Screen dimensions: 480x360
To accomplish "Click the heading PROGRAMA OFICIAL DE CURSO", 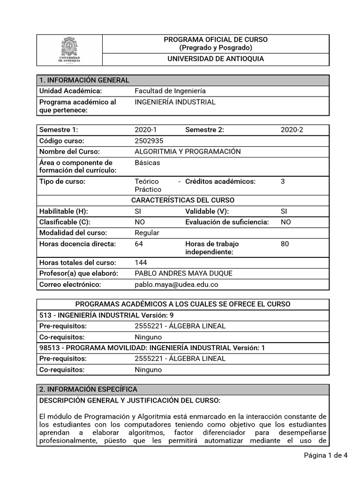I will point(216,40).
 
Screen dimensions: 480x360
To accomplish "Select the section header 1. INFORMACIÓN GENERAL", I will point(84,80).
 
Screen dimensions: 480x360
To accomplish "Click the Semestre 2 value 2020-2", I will point(292,130).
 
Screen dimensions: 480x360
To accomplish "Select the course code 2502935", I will point(149,141).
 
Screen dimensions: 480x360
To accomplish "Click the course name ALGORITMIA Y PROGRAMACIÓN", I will point(187,151).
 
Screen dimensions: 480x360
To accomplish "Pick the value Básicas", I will point(147,163).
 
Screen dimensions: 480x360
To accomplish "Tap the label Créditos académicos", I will point(220,181).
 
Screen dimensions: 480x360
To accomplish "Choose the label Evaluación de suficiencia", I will point(227,222).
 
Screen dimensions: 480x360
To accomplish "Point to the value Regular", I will point(147,233).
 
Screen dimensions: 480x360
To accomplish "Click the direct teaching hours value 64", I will point(139,244).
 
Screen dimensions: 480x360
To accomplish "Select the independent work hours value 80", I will point(285,244).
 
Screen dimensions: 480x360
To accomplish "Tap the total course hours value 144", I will point(141,262).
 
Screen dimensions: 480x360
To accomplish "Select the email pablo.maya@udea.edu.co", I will point(177,285).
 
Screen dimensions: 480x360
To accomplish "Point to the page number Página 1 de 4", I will point(325,455).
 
